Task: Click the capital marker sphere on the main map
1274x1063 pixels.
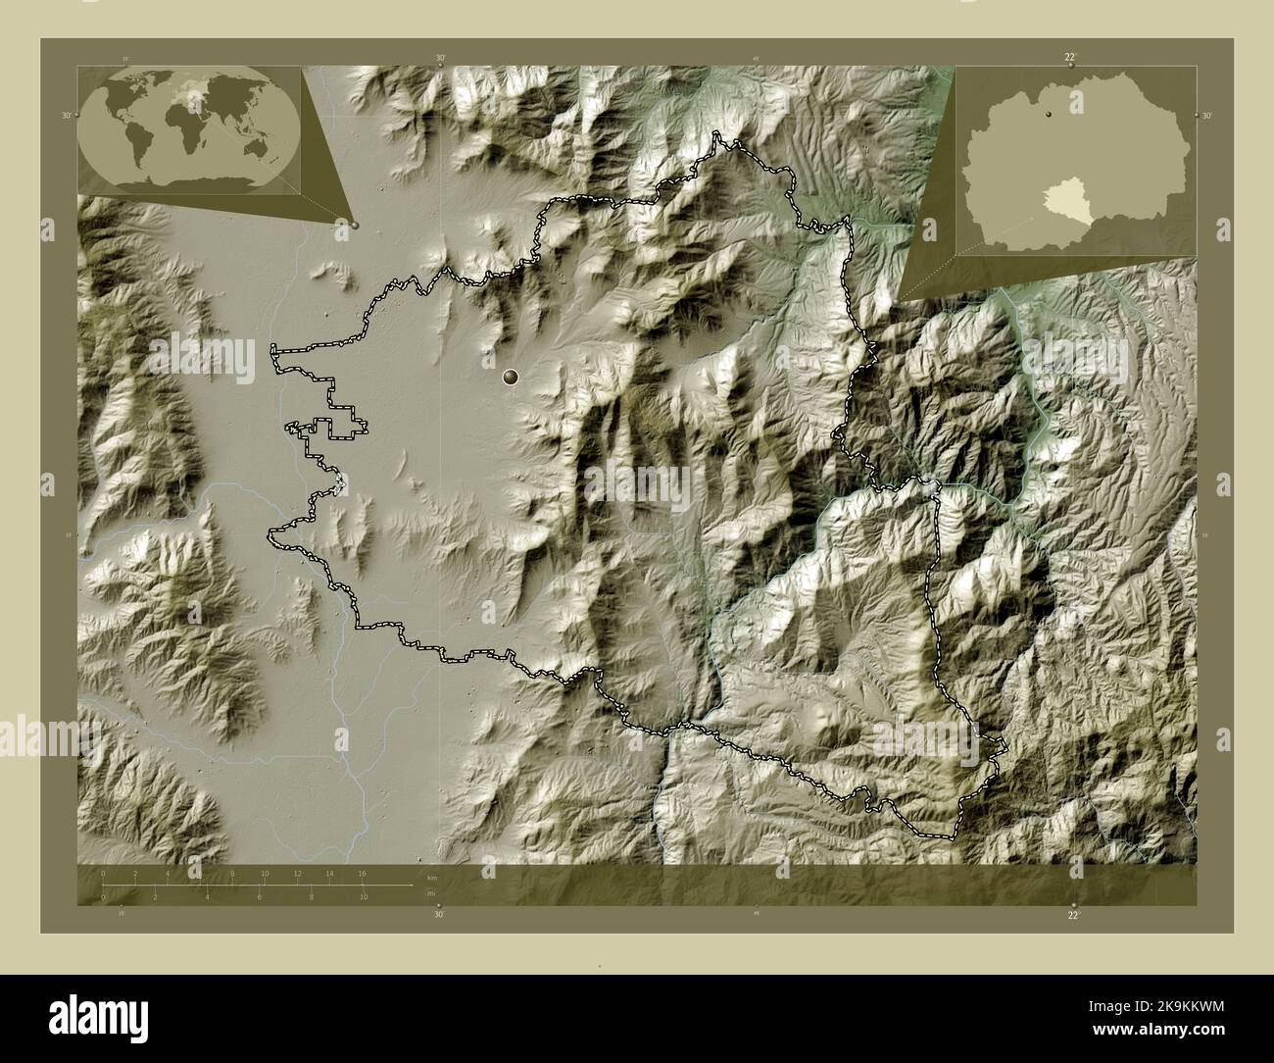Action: tap(510, 376)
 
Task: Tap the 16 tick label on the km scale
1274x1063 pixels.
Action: tap(362, 873)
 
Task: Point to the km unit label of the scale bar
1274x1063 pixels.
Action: tap(430, 875)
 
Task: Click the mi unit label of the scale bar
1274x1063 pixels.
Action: tap(430, 893)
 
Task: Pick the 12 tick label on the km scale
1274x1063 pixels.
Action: tap(297, 873)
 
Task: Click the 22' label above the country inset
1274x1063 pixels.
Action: tap(1071, 58)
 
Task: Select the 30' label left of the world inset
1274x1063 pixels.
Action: tap(67, 116)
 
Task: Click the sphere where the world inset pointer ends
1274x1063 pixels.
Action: tap(355, 225)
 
